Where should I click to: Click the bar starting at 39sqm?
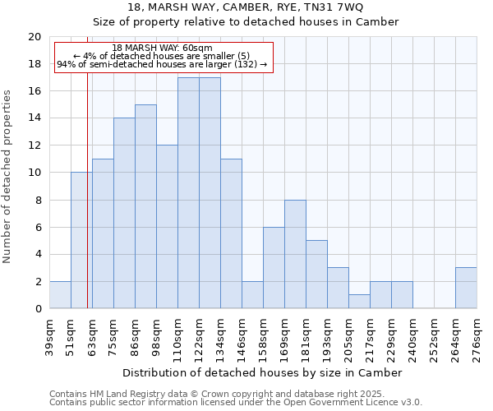60,295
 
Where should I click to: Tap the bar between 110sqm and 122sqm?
188,193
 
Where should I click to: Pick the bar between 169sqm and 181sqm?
295,254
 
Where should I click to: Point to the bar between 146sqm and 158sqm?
252,295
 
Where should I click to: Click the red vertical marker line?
87,205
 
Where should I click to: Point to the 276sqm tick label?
477,334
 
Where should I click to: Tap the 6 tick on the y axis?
38,227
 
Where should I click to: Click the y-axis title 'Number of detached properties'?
7,177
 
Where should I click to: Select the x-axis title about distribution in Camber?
263,372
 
